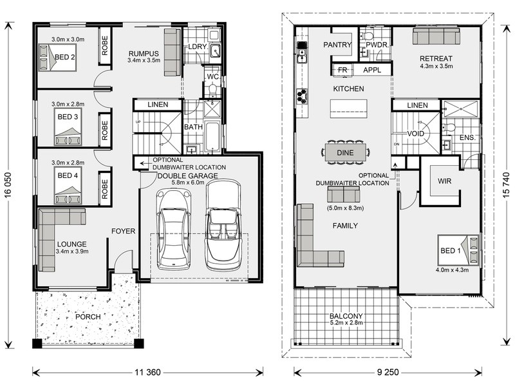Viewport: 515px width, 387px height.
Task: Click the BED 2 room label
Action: [65, 57]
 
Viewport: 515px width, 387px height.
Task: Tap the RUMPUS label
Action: [144, 54]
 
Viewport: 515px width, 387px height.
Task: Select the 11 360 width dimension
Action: [147, 372]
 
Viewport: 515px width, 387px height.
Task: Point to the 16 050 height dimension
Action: [8, 185]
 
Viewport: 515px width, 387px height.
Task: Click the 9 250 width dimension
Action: [388, 372]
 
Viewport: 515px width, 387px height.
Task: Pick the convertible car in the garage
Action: [222, 224]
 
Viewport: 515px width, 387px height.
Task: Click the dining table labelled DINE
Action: [345, 153]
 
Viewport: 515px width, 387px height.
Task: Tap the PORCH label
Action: [88, 317]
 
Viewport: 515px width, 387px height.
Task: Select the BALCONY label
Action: [346, 316]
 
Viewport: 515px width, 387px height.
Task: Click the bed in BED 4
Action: [68, 185]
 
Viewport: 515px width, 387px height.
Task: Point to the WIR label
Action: [444, 181]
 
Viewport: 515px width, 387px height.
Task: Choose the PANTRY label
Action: [337, 45]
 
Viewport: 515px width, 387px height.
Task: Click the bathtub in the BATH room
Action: [212, 137]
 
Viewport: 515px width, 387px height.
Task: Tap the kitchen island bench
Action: [348, 108]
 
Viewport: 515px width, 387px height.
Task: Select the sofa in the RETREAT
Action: [436, 35]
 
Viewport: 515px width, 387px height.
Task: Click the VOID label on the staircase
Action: [415, 134]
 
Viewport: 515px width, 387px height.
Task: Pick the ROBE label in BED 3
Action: [105, 130]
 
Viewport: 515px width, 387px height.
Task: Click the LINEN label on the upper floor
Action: [417, 105]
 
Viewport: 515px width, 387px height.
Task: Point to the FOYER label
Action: [123, 231]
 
